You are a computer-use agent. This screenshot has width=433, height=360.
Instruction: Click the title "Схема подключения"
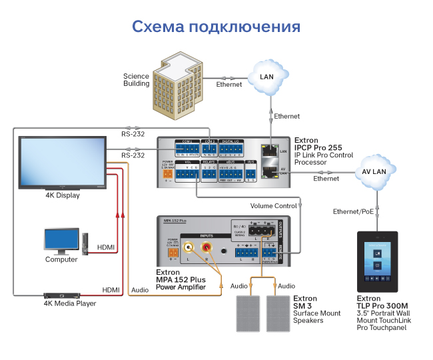coord(216,27)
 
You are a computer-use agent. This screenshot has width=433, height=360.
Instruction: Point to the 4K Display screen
coord(63,163)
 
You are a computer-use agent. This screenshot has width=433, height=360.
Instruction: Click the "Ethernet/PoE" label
coord(354,211)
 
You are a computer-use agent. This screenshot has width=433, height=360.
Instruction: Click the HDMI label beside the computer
coord(105,247)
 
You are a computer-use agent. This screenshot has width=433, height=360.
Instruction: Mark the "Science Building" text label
coord(136,80)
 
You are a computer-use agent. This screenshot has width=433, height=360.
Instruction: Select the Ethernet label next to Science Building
coord(229,85)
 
